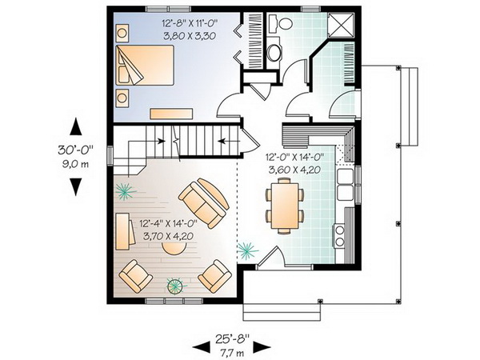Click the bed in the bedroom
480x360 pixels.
pyautogui.click(x=145, y=66)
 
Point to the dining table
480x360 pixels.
pyautogui.click(x=285, y=206)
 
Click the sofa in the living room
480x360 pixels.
pyautogui.click(x=204, y=202)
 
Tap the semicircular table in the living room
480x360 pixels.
pyautogui.click(x=174, y=248)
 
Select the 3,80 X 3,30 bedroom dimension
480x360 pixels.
pyautogui.click(x=190, y=36)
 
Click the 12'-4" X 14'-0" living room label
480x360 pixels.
pyautogui.click(x=168, y=224)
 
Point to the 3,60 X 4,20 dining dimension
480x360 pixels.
pyautogui.click(x=294, y=170)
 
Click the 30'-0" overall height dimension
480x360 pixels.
pyautogui.click(x=75, y=150)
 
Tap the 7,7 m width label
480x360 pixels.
pyautogui.click(x=232, y=353)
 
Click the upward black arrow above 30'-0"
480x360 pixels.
pyautogui.click(x=75, y=126)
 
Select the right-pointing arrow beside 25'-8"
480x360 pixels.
pyautogui.click(x=262, y=347)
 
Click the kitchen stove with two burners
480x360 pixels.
pyautogui.click(x=339, y=236)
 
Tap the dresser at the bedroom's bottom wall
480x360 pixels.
pyautogui.click(x=171, y=114)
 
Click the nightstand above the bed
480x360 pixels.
pyautogui.click(x=122, y=33)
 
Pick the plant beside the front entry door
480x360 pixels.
pyautogui.click(x=247, y=250)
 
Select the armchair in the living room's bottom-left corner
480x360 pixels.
pyautogui.click(x=136, y=275)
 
